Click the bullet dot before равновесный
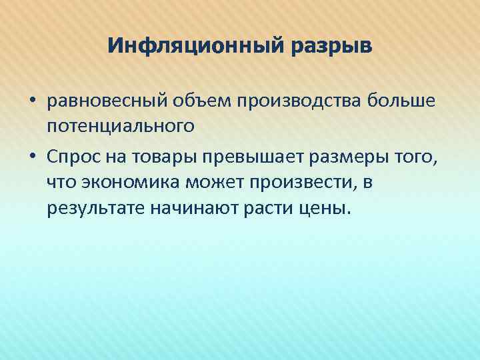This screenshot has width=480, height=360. (31, 101)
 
